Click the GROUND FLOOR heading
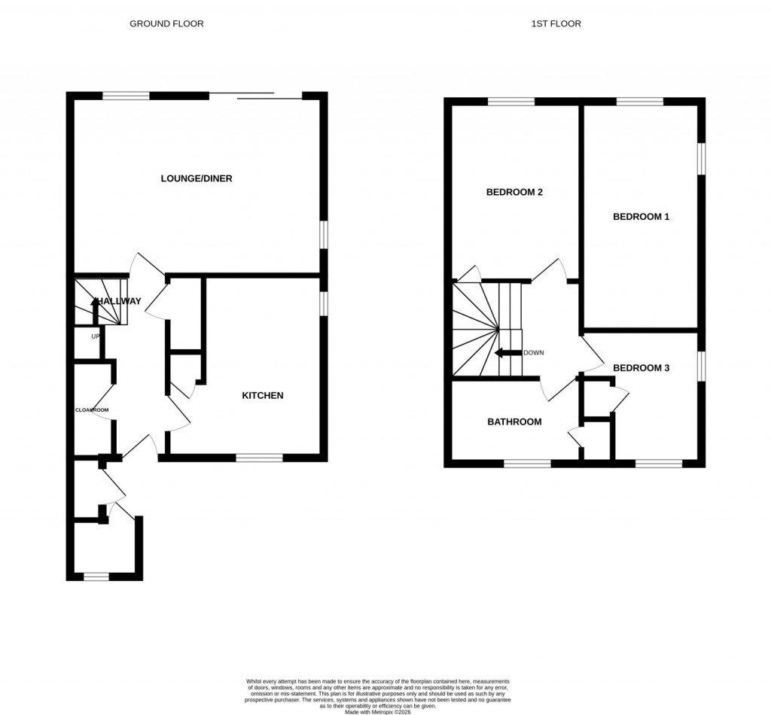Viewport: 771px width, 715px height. click(x=166, y=23)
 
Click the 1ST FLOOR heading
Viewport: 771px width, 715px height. click(x=556, y=23)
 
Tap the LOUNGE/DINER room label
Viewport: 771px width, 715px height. click(x=196, y=178)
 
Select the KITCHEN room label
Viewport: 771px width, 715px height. click(x=262, y=395)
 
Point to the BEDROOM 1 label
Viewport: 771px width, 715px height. click(x=641, y=217)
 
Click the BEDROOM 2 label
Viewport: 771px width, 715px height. click(x=514, y=192)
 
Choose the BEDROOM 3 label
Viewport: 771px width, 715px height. click(x=641, y=368)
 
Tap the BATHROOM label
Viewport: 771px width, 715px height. click(x=514, y=421)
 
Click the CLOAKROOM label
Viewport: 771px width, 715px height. click(x=91, y=410)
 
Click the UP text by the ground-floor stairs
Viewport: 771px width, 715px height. click(x=96, y=336)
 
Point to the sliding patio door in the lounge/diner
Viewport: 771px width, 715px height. click(x=255, y=96)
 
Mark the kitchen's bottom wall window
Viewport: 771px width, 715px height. click(x=259, y=457)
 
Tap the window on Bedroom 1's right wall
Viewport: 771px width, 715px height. click(x=701, y=159)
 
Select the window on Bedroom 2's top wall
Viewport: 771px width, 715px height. click(x=511, y=102)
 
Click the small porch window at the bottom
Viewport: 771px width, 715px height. click(x=96, y=577)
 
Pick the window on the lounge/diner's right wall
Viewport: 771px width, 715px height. click(x=324, y=233)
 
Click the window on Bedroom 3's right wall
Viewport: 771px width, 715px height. click(x=701, y=366)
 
